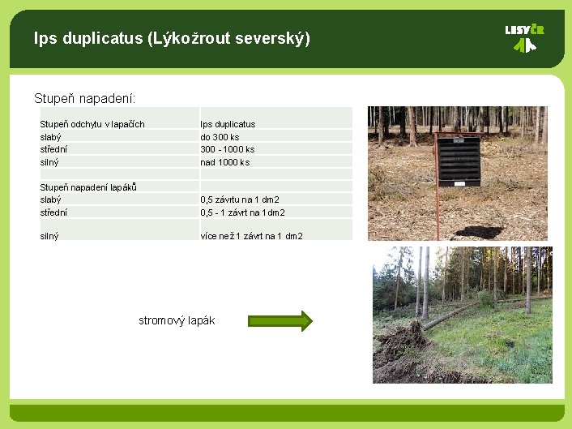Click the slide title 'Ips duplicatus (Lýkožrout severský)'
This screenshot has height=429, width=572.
[172, 38]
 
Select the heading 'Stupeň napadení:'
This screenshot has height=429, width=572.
[85, 98]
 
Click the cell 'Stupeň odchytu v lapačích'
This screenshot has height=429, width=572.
[92, 124]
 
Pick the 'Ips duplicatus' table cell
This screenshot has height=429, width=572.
[228, 124]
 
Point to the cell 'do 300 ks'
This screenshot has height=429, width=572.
[220, 137]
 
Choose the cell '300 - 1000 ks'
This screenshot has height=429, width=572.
[228, 149]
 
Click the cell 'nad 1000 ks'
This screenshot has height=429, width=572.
[225, 162]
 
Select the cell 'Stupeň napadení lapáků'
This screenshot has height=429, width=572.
[88, 187]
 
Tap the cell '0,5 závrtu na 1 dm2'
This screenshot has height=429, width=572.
[241, 199]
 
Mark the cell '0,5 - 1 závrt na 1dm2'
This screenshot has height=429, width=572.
[243, 212]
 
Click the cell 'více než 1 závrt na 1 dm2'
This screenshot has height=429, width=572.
[252, 236]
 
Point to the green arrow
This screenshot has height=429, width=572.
[280, 320]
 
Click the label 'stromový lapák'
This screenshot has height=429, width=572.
[177, 320]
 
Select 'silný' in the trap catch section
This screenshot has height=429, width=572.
[50, 162]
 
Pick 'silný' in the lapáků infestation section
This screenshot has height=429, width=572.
[50, 236]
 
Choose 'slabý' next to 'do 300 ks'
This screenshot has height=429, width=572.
[51, 137]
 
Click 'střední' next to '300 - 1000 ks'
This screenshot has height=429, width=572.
[53, 149]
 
